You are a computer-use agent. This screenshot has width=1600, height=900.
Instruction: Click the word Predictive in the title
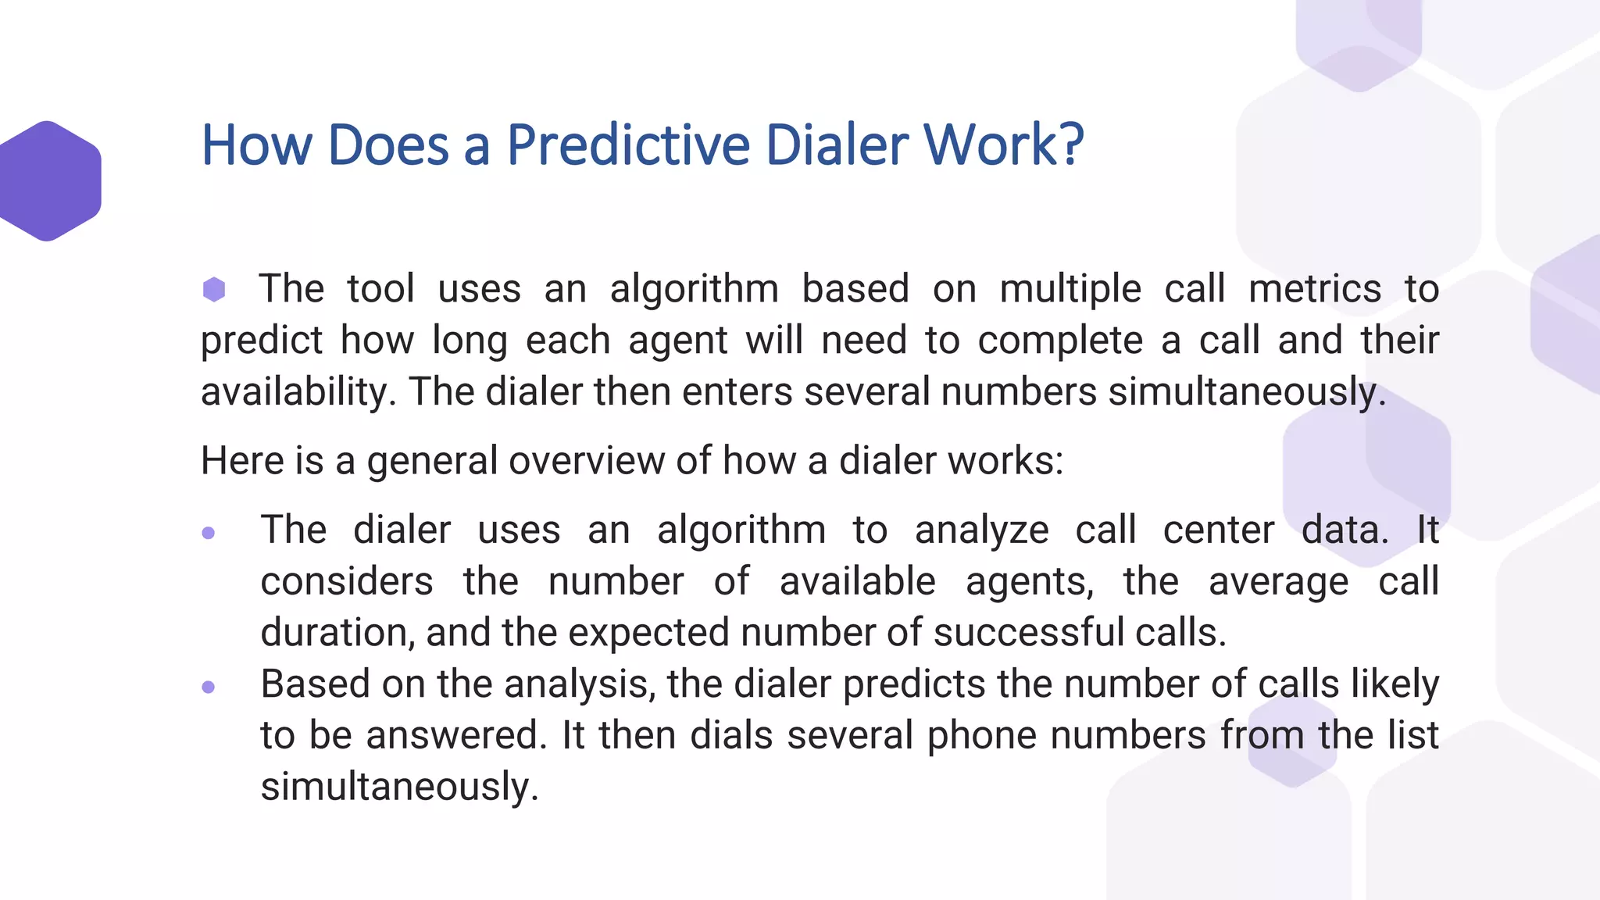point(630,145)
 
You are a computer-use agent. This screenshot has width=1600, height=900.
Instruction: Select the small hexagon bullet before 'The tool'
point(214,289)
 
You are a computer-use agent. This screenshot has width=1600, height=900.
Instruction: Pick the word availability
point(294,392)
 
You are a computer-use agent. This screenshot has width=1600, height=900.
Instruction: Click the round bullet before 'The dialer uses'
point(208,533)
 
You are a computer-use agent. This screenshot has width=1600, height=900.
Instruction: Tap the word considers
point(347,582)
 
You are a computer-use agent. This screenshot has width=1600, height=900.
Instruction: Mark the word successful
point(1029,633)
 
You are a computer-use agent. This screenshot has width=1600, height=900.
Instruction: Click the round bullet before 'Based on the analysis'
point(208,687)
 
